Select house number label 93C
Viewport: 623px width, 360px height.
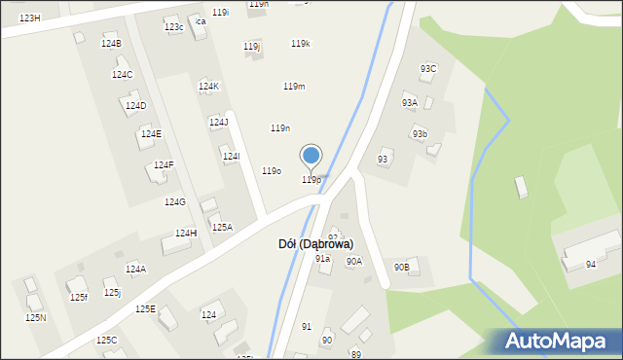pos(428,68)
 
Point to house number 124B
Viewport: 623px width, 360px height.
pos(111,44)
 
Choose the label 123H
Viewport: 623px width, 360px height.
pos(30,18)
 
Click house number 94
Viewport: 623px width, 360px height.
pos(591,265)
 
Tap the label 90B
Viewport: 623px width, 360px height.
pos(401,267)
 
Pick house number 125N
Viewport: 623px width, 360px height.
pos(36,318)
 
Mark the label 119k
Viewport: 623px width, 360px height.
pos(301,44)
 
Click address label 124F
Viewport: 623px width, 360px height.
pos(164,165)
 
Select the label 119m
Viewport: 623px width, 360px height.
pos(294,87)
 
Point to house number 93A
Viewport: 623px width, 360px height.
pos(410,102)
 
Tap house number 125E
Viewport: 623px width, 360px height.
pos(145,309)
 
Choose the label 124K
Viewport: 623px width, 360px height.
pos(209,87)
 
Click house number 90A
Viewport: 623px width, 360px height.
pos(353,261)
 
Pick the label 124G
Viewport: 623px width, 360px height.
pos(174,202)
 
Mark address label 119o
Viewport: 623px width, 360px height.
pos(272,171)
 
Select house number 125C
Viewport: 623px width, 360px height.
pos(106,341)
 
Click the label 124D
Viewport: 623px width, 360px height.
pos(136,106)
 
